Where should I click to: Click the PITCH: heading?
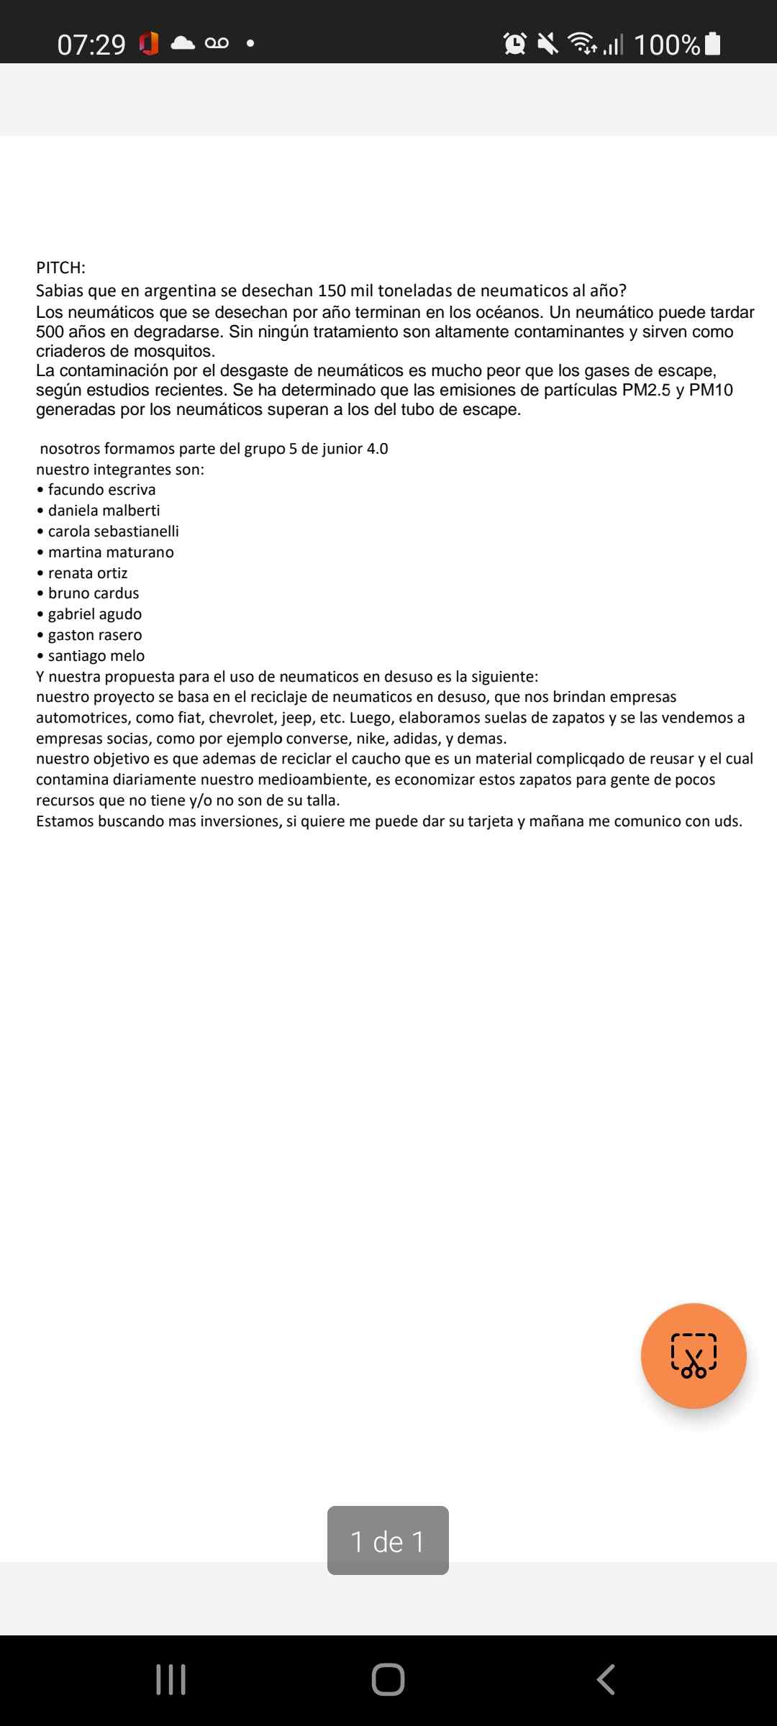60,268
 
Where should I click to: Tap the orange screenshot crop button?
694,1356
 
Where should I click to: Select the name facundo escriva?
101,490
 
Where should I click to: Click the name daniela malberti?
104,511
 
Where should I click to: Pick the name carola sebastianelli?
113,531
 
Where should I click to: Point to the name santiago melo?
96,656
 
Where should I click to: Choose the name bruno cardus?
94,593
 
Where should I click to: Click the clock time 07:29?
91,45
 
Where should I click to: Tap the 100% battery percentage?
667,45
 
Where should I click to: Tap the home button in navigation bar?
388,1679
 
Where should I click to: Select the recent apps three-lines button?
171,1679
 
